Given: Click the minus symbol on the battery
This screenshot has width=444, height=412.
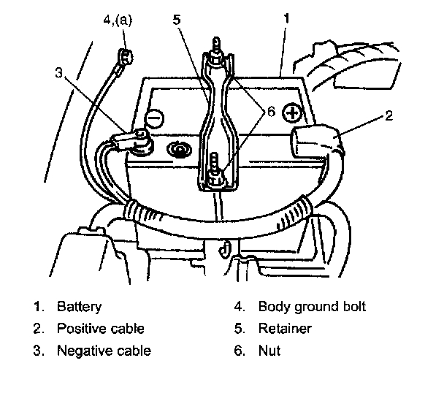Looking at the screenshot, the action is pyautogui.click(x=155, y=118).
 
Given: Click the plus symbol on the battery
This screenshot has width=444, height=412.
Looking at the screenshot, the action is pyautogui.click(x=291, y=113).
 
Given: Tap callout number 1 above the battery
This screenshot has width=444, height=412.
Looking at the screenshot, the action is pyautogui.click(x=286, y=19).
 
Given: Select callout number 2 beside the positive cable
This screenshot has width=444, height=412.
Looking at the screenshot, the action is pyautogui.click(x=389, y=116).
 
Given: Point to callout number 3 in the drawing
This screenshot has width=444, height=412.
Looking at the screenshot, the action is pyautogui.click(x=58, y=73).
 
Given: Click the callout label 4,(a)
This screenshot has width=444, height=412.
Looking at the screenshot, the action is pyautogui.click(x=118, y=20).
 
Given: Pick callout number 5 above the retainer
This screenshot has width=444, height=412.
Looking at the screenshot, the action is pyautogui.click(x=177, y=20).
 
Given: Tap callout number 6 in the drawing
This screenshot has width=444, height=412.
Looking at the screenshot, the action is pyautogui.click(x=271, y=112).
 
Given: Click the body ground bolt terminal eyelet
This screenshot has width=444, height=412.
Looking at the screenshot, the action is pyautogui.click(x=126, y=56).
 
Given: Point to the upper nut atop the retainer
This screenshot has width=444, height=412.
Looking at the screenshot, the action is pyautogui.click(x=216, y=58).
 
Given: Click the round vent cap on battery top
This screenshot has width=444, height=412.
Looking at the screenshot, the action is pyautogui.click(x=179, y=149).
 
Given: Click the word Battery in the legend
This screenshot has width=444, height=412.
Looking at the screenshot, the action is pyautogui.click(x=79, y=307).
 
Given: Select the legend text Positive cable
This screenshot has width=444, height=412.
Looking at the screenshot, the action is pyautogui.click(x=101, y=329).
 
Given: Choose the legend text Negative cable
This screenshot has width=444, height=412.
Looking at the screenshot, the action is pyautogui.click(x=104, y=351).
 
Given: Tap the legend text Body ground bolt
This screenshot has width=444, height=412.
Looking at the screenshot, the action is pyautogui.click(x=312, y=307).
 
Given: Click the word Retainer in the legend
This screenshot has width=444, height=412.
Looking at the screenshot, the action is pyautogui.click(x=285, y=329).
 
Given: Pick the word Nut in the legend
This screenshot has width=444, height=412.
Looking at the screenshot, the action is pyautogui.click(x=269, y=351).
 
